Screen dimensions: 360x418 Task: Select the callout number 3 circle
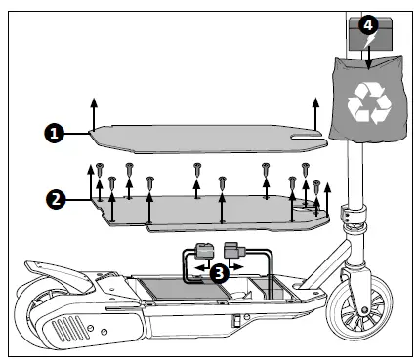click(220, 272)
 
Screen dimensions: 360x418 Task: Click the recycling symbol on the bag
click(370, 101)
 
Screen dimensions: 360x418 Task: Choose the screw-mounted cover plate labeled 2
click(205, 210)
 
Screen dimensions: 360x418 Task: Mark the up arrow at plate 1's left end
click(94, 109)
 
